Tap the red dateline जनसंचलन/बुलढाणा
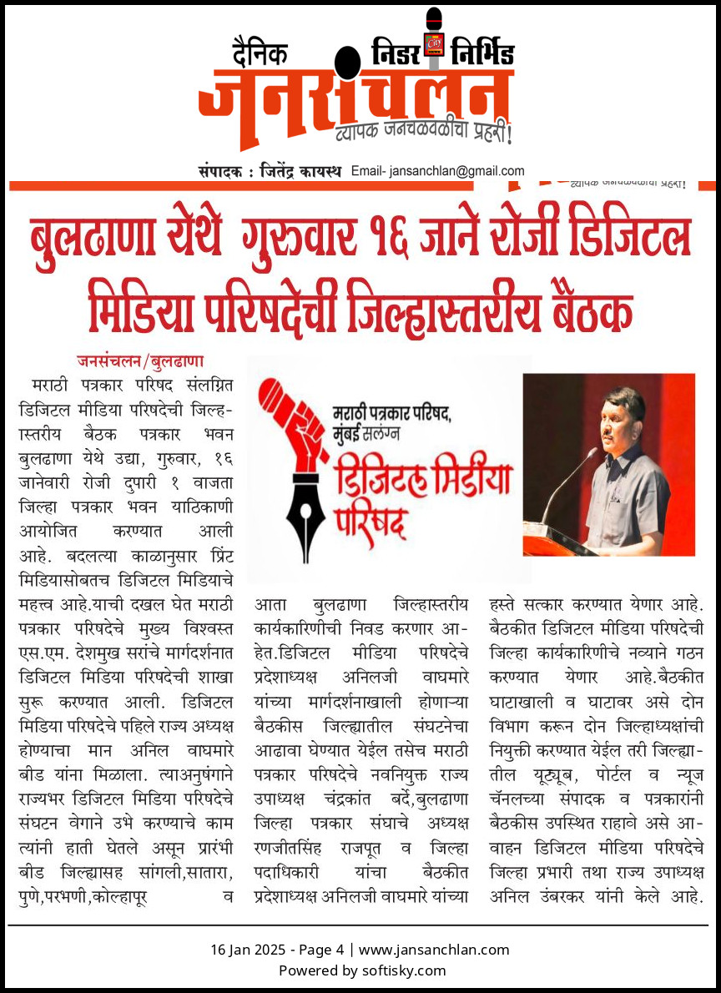[x=139, y=362]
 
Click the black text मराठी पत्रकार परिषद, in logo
[x=391, y=413]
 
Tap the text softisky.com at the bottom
[x=404, y=970]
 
